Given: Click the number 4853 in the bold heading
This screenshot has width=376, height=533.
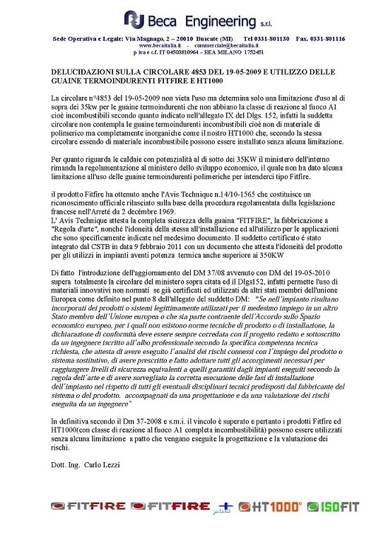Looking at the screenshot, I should [x=186, y=73].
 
